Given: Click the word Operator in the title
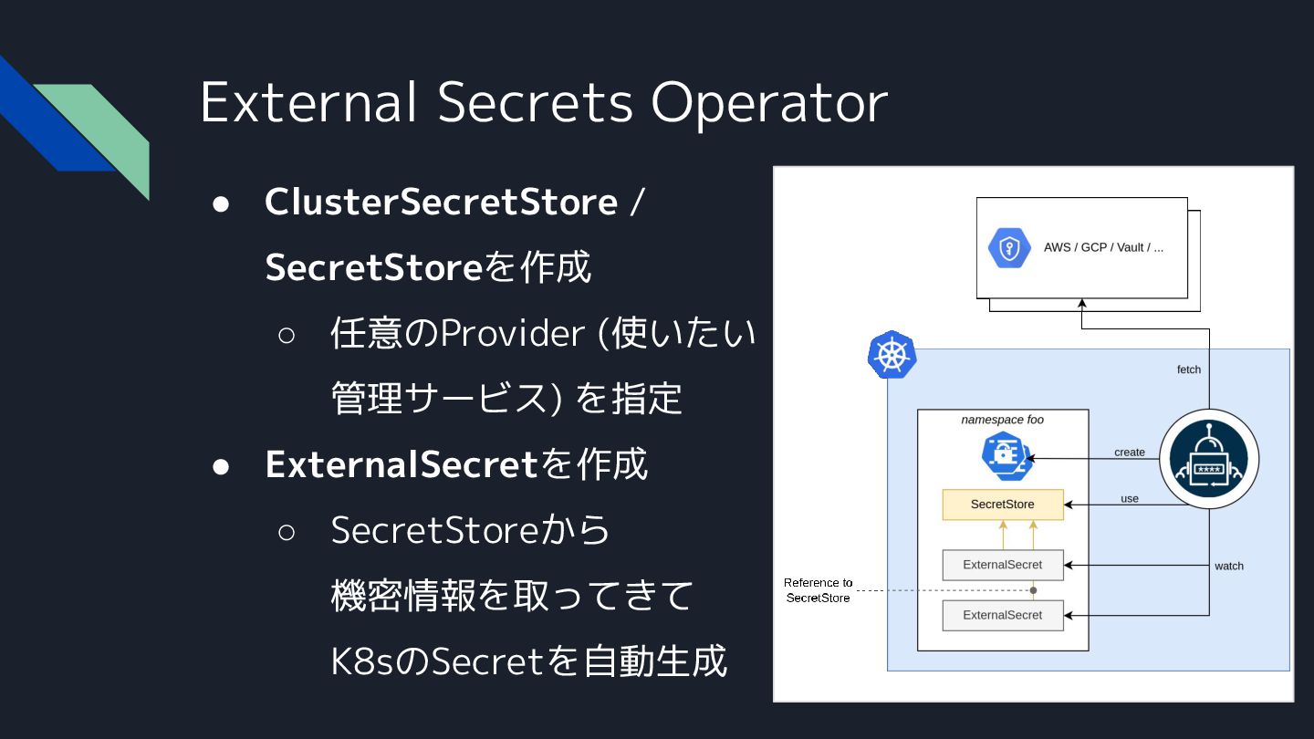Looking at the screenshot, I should [768, 102].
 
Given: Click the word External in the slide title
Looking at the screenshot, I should [308, 102].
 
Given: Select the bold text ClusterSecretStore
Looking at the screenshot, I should [441, 203].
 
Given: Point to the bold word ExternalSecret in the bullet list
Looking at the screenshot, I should [401, 464].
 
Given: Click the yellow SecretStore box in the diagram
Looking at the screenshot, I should [1002, 505].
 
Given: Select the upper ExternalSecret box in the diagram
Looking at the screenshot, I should [1002, 565].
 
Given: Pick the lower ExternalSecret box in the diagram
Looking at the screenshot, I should [1002, 615].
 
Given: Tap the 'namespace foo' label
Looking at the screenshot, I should [1002, 420].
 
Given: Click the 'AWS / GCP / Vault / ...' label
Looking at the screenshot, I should [1103, 248].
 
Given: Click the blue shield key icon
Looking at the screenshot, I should [1009, 248].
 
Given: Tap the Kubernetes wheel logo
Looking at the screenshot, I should [892, 356].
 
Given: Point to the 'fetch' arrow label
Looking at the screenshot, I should [1189, 369].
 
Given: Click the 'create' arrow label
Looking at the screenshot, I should [1130, 453].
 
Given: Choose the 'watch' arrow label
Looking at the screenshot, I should [1229, 566].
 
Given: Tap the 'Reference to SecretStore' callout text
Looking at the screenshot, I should [818, 590].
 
